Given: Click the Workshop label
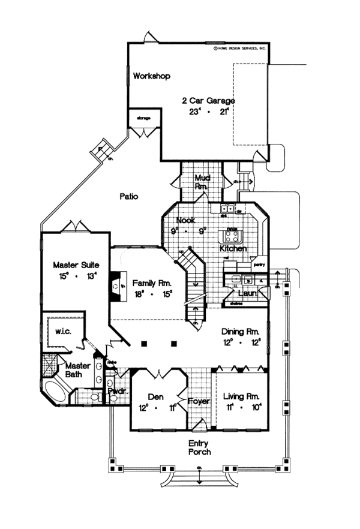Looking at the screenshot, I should (x=152, y=76).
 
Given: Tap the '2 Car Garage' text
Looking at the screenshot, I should (x=208, y=101).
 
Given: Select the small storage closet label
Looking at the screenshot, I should (x=143, y=118).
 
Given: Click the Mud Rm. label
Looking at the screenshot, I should (x=202, y=182).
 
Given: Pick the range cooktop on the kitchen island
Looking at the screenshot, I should (x=232, y=233).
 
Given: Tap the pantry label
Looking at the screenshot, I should (x=259, y=263).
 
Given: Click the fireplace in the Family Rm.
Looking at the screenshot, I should (x=116, y=287).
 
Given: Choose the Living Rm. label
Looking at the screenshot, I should (x=241, y=396).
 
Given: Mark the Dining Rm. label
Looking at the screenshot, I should (x=240, y=331).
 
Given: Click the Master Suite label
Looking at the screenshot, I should (x=71, y=264).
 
